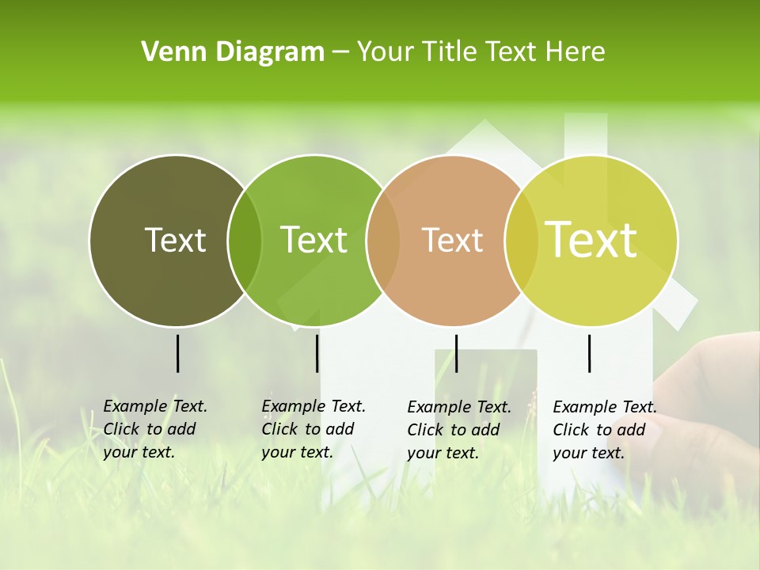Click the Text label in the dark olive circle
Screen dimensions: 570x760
point(175,240)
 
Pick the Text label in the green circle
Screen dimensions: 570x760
point(313,240)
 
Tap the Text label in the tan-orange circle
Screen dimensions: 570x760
point(452,240)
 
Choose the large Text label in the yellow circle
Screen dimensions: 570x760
point(591,239)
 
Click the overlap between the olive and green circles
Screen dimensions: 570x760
point(245,241)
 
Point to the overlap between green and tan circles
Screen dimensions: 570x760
point(383,241)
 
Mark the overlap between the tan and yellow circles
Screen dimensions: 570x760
point(521,241)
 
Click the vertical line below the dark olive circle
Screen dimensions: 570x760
point(177,353)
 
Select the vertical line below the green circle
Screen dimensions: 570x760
point(317,353)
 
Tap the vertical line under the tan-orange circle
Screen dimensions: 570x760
point(456,353)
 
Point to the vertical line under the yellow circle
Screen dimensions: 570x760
point(589,353)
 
